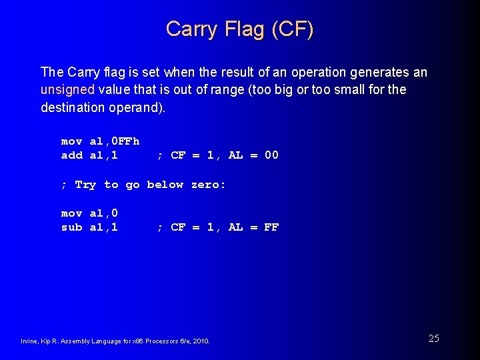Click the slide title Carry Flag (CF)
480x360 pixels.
click(239, 29)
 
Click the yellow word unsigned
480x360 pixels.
click(69, 89)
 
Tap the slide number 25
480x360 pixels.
click(433, 338)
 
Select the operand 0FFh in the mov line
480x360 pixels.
click(125, 141)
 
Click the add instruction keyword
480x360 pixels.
click(71, 155)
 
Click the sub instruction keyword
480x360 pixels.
click(71, 227)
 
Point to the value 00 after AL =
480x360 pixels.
click(271, 155)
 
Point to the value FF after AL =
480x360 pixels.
click(271, 227)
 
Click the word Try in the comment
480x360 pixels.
click(85, 185)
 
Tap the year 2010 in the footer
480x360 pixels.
click(200, 341)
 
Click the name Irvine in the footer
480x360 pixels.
click(31, 341)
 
